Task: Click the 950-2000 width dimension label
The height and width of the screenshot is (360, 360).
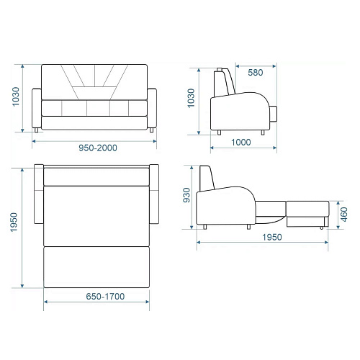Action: pyautogui.click(x=98, y=148)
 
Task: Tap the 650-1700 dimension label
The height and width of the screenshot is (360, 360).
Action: pyautogui.click(x=105, y=297)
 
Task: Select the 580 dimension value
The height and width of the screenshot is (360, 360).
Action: pyautogui.click(x=256, y=73)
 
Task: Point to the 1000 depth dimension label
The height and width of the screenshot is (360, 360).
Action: pyautogui.click(x=241, y=143)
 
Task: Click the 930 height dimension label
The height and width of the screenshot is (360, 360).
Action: pyautogui.click(x=186, y=195)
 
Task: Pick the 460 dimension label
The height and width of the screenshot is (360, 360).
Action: pyautogui.click(x=344, y=215)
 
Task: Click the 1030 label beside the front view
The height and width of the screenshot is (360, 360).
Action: pyautogui.click(x=16, y=96)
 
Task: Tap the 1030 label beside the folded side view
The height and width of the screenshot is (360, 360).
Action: pyautogui.click(x=191, y=98)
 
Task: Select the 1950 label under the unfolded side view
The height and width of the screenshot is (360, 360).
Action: pyautogui.click(x=272, y=238)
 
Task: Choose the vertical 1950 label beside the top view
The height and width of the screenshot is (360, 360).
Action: pyautogui.click(x=14, y=222)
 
